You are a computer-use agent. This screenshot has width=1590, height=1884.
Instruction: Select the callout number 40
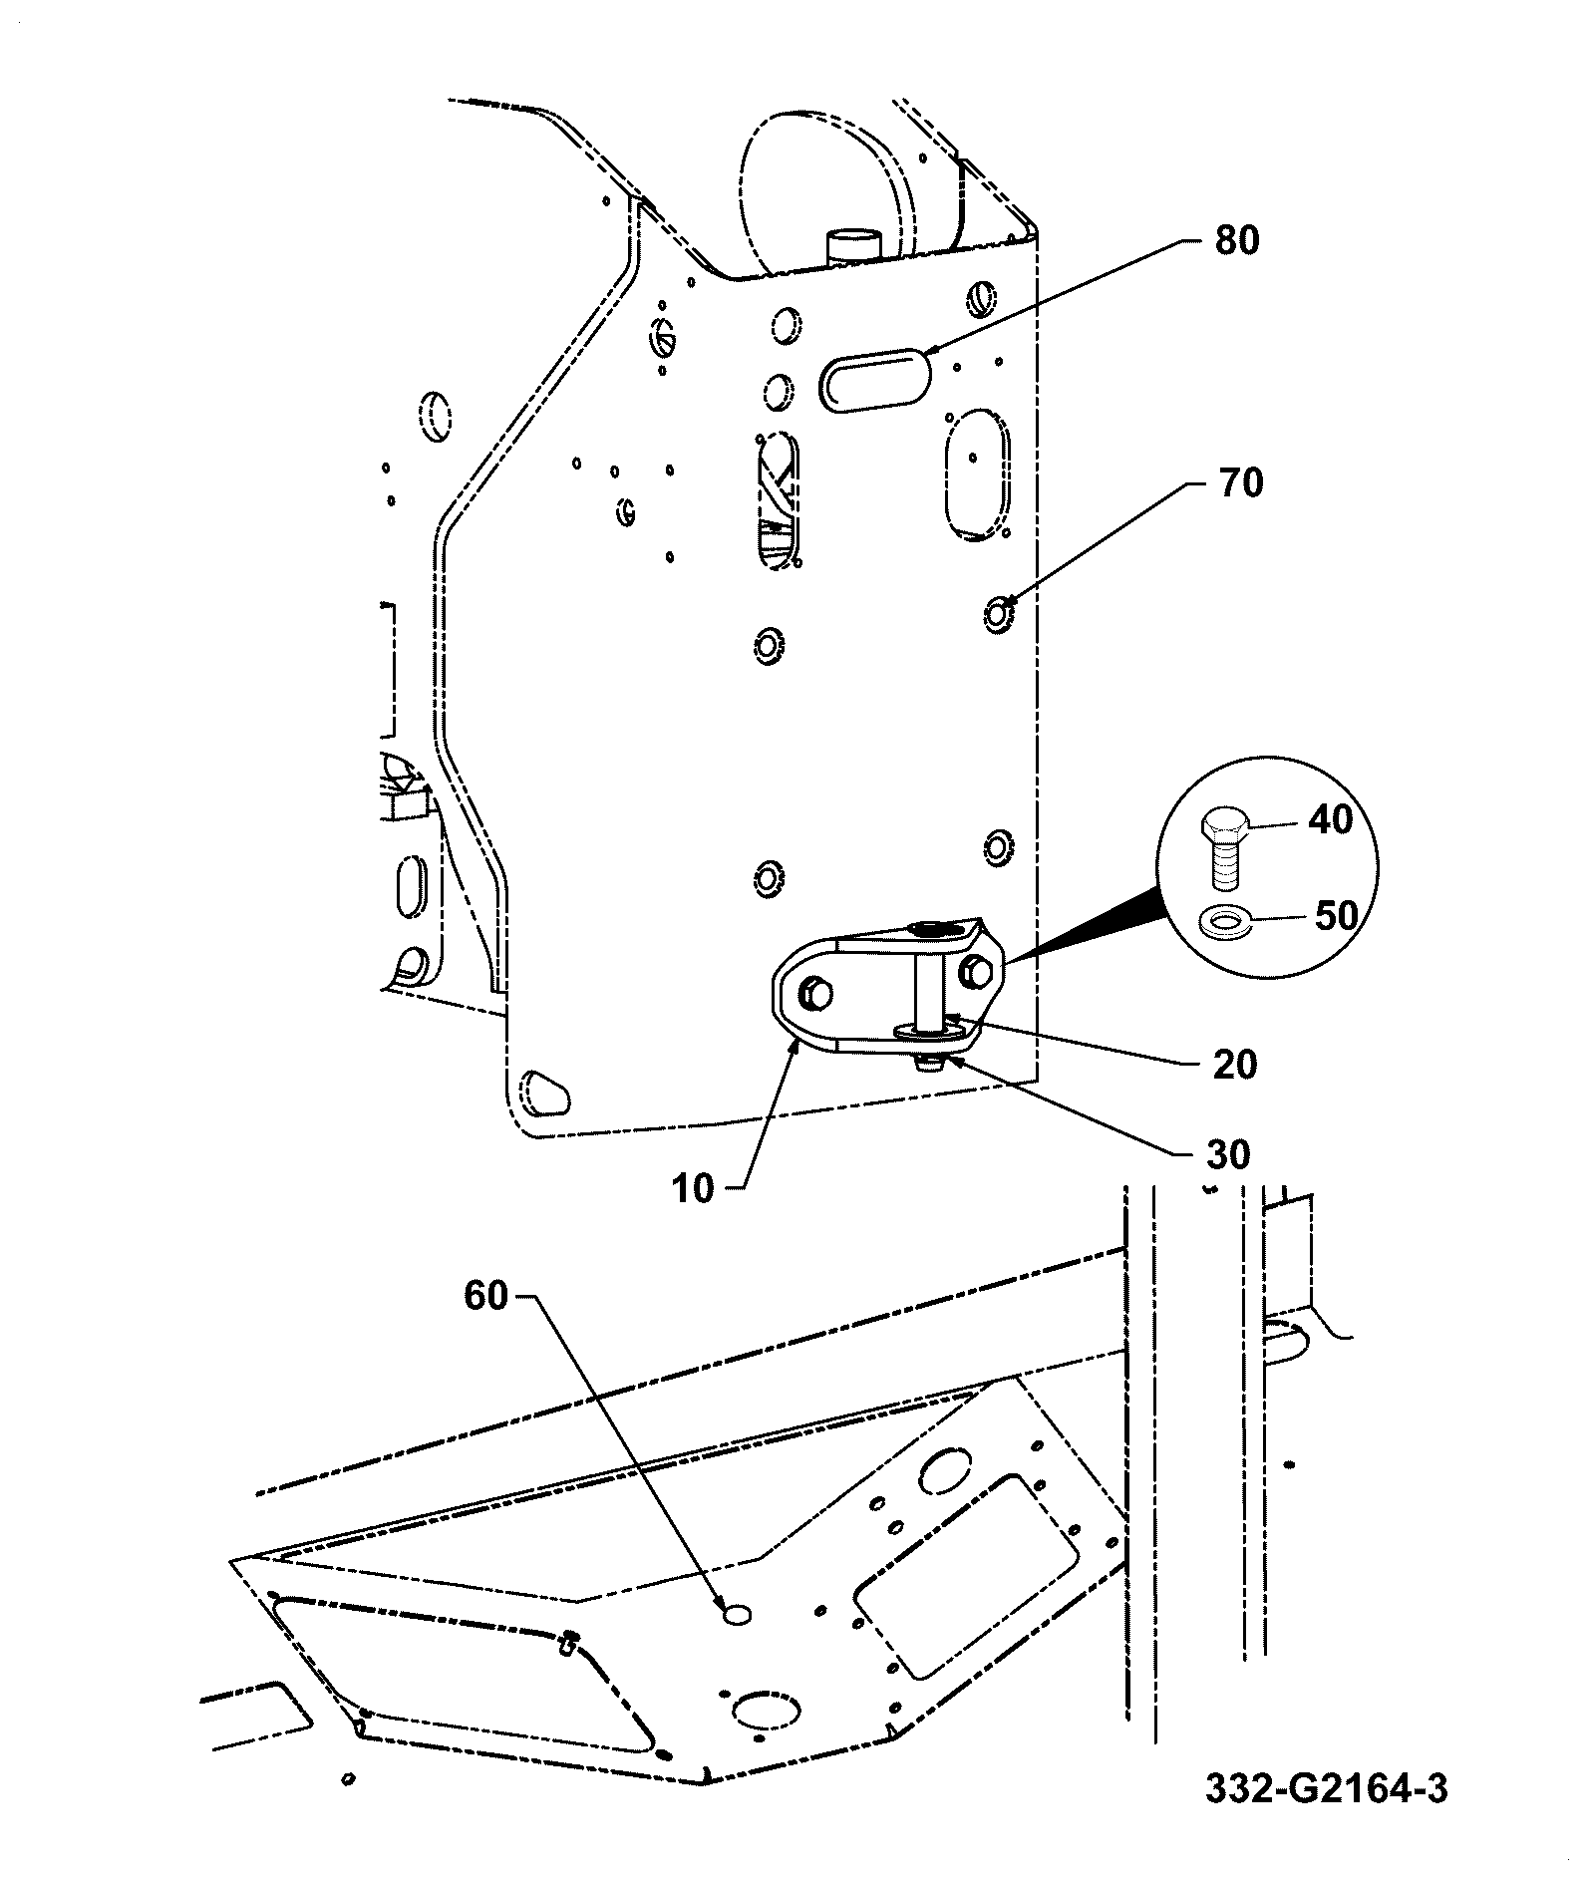pos(1331,819)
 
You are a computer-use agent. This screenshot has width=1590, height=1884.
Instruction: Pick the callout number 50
pos(1337,915)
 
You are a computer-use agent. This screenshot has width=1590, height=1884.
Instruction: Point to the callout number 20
pos(1236,1065)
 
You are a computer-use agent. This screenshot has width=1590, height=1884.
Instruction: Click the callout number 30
pos(1228,1155)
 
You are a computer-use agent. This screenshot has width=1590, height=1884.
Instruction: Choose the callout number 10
pos(693,1189)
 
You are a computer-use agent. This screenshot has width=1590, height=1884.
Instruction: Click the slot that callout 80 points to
pos(874,378)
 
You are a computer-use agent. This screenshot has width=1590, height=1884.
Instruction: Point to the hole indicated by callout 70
pos(998,615)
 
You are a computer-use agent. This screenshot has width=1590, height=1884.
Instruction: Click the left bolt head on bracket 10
pos(816,992)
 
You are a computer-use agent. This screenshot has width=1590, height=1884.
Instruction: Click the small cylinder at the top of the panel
pos(855,246)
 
